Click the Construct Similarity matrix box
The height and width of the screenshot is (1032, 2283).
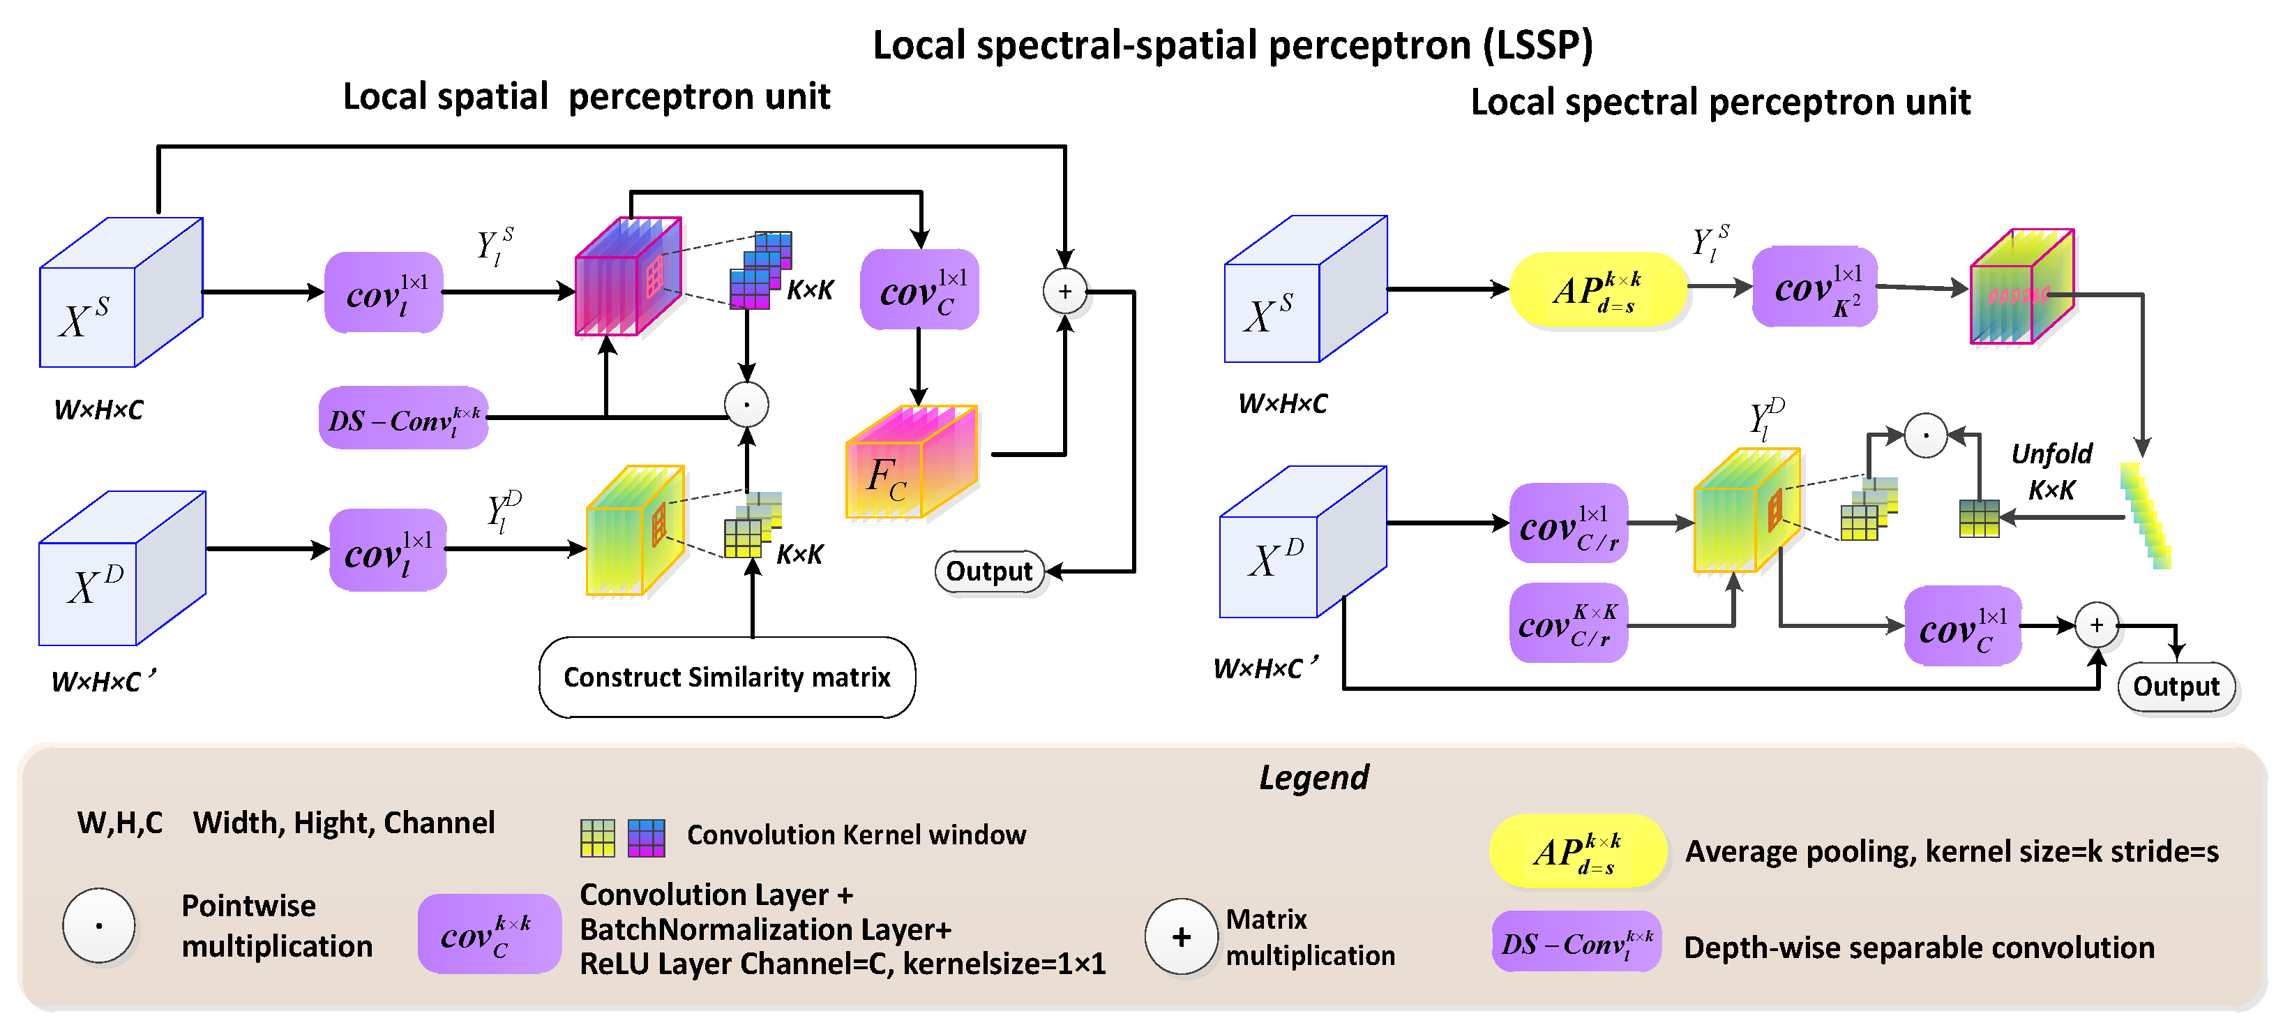(x=727, y=678)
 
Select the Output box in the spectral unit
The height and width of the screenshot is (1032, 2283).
(x=2176, y=686)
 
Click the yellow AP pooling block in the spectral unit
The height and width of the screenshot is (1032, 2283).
(x=1597, y=290)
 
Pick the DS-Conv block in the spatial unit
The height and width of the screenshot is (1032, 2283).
(x=403, y=419)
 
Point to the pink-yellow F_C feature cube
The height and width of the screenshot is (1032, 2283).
(x=911, y=462)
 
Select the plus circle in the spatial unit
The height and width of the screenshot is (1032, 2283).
(x=1064, y=291)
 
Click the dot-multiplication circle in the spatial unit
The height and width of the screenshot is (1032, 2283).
(x=746, y=405)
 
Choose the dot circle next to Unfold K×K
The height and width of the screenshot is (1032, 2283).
(x=1925, y=435)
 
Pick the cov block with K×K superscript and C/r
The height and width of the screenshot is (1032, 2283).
(x=1568, y=623)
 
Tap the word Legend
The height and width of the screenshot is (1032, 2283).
(x=1313, y=777)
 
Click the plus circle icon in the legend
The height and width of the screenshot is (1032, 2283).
(x=1180, y=937)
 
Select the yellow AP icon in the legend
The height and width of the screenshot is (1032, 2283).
(x=1578, y=852)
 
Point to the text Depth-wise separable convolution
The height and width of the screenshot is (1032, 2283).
(x=1919, y=948)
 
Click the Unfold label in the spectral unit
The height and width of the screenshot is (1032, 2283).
(x=2051, y=455)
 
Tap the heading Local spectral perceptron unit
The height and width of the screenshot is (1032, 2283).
(x=1719, y=102)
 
